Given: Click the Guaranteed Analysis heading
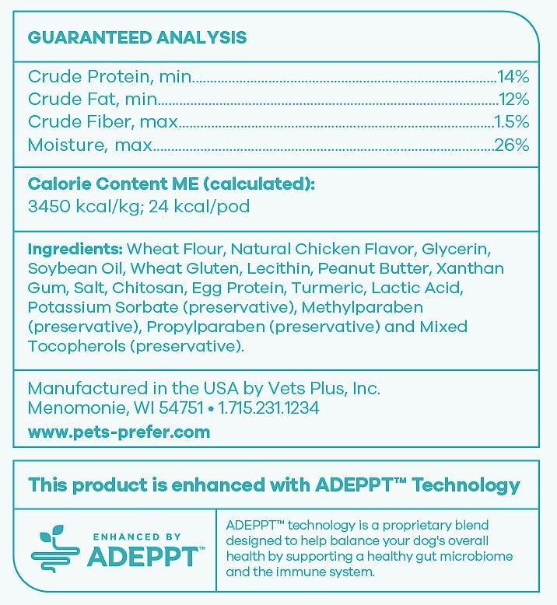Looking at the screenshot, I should tap(137, 37).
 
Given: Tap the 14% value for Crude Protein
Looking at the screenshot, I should tap(513, 77).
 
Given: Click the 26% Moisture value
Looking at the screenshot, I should tap(512, 145).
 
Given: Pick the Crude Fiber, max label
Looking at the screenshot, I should tap(103, 122).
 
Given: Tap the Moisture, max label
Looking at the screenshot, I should tap(90, 145).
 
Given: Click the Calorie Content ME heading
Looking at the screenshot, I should tap(171, 184).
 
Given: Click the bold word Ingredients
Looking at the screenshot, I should tap(75, 250).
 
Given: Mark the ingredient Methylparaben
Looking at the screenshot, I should tap(363, 308).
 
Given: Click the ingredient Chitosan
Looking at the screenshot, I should tap(145, 289).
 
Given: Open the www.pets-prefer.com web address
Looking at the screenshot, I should tap(119, 432).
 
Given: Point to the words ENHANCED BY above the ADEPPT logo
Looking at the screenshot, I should tap(137, 537).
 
